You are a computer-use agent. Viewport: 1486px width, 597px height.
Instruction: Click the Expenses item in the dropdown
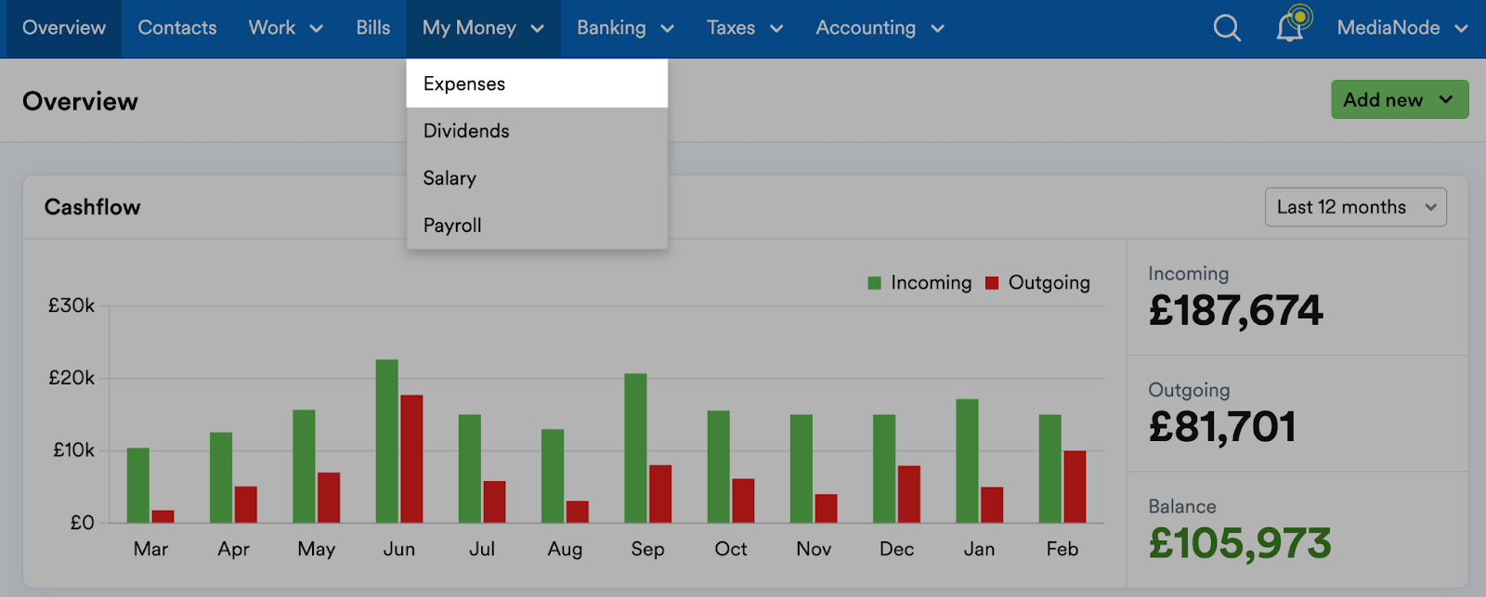pyautogui.click(x=464, y=84)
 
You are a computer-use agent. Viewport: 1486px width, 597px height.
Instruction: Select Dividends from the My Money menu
pyautogui.click(x=466, y=131)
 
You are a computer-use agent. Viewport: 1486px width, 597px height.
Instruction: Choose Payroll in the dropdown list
pyautogui.click(x=452, y=226)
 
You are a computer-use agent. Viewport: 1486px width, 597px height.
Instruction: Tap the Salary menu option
pyautogui.click(x=450, y=178)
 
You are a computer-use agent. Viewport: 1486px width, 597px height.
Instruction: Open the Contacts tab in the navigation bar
pyautogui.click(x=177, y=28)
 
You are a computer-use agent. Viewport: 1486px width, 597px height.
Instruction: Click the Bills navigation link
pyautogui.click(x=373, y=28)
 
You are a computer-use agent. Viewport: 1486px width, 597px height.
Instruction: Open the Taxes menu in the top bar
pyautogui.click(x=744, y=28)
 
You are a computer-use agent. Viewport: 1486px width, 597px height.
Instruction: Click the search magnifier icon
pyautogui.click(x=1227, y=28)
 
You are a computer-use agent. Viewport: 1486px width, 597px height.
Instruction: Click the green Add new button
pyautogui.click(x=1399, y=99)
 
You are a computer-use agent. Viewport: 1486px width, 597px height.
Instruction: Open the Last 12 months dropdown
pyautogui.click(x=1355, y=207)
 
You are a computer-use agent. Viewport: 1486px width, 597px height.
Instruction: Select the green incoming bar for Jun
pyautogui.click(x=387, y=441)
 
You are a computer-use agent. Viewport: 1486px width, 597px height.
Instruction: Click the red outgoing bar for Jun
pyautogui.click(x=411, y=459)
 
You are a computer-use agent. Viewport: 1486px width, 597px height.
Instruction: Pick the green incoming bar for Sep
pyautogui.click(x=635, y=448)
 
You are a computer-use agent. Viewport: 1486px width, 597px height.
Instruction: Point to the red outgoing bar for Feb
pyautogui.click(x=1075, y=487)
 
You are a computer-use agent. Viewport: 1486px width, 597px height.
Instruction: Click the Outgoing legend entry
pyautogui.click(x=1038, y=283)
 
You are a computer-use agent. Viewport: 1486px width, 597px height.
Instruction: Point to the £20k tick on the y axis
pyautogui.click(x=72, y=378)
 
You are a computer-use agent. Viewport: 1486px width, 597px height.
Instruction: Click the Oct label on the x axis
pyautogui.click(x=731, y=549)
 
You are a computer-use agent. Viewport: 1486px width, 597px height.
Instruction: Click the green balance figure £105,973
pyautogui.click(x=1240, y=543)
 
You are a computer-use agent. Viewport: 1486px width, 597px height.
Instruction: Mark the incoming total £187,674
pyautogui.click(x=1235, y=310)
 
